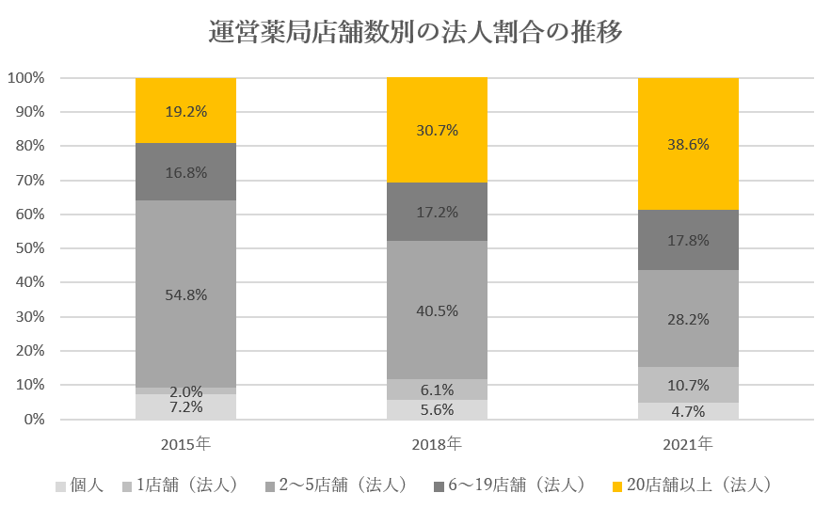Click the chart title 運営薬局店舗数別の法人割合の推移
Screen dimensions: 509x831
point(415,33)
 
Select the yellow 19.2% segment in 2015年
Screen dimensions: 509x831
point(185,110)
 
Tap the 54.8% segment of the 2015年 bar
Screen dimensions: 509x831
point(185,294)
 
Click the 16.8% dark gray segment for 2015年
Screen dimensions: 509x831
point(185,172)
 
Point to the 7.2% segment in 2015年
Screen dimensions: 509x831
point(185,406)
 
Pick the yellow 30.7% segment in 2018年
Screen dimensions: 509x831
point(437,130)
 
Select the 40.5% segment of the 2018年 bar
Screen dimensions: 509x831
point(437,310)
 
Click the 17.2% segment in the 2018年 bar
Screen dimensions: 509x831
point(437,212)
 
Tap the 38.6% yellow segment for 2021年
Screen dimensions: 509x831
point(688,144)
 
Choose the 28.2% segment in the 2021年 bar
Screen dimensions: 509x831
point(688,319)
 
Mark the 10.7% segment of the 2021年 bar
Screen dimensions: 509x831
point(688,385)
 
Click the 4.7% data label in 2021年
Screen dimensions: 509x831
point(688,410)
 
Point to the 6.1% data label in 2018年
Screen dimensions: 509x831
point(437,390)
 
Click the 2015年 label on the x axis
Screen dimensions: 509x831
point(185,442)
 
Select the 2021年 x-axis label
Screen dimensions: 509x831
point(688,442)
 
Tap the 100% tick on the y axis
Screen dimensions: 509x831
point(26,78)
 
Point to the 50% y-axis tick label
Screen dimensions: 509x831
point(29,248)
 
